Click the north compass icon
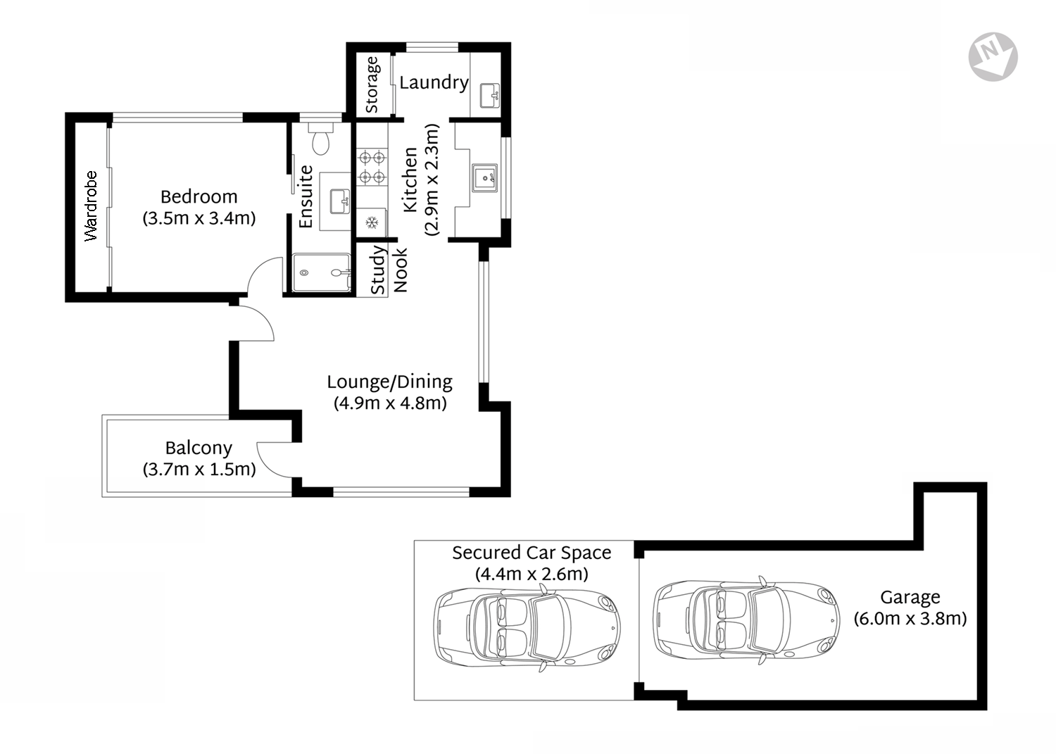tap(993, 56)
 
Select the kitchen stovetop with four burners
tap(372, 167)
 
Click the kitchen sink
tap(484, 177)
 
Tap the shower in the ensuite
tap(322, 272)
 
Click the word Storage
tap(371, 84)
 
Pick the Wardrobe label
tap(91, 206)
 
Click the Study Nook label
tap(389, 270)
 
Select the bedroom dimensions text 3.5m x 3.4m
tap(199, 218)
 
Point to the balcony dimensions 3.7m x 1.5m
tap(199, 469)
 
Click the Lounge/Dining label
tap(389, 382)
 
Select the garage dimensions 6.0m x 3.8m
tap(910, 619)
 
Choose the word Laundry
tap(434, 82)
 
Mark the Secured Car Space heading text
tap(532, 553)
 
